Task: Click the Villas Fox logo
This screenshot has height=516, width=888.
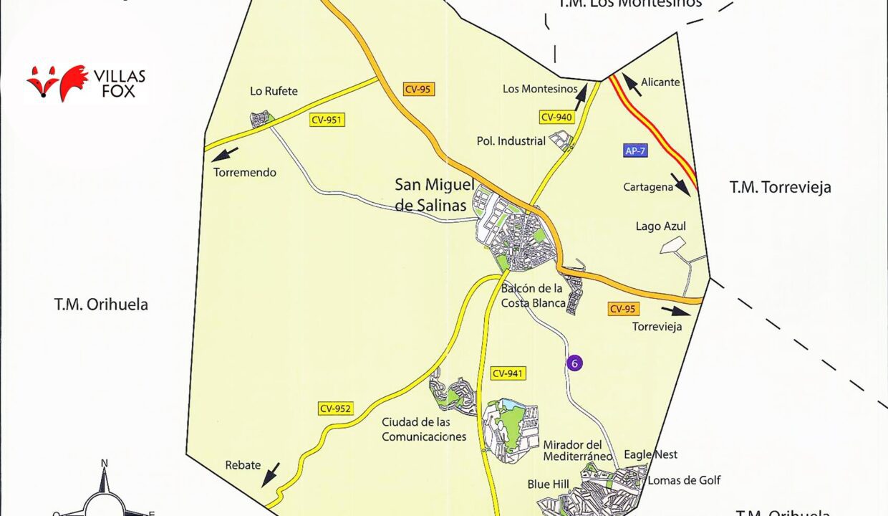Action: (x=86, y=83)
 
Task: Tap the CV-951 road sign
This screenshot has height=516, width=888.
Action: (x=327, y=120)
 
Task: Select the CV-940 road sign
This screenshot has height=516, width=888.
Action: (x=557, y=118)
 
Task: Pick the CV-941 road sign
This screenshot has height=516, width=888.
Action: (x=508, y=373)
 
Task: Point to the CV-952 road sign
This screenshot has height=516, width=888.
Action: (x=335, y=409)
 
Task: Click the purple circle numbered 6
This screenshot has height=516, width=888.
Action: (x=574, y=363)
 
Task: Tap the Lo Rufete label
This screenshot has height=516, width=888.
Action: (x=274, y=91)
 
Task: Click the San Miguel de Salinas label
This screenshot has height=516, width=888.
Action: (x=430, y=195)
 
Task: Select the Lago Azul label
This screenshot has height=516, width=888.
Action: (x=660, y=226)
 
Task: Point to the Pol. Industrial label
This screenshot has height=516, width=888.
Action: (x=511, y=141)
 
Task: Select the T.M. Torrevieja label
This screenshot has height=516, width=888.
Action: (x=780, y=188)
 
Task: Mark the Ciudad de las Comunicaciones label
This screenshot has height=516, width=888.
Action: (x=424, y=429)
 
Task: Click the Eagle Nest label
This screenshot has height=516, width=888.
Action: (x=650, y=454)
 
